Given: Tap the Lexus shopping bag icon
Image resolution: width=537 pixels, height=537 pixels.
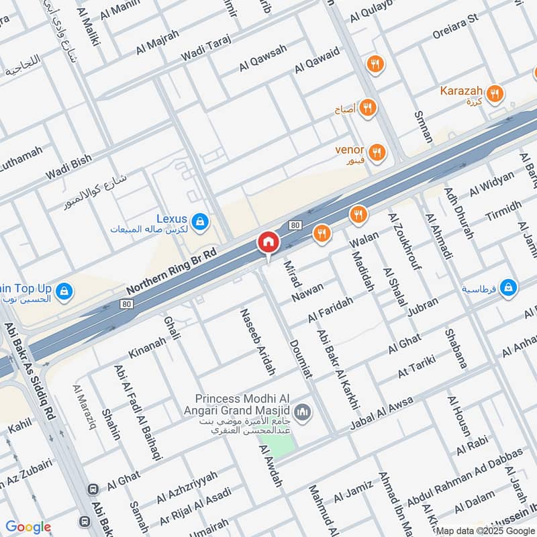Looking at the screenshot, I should click(x=199, y=220).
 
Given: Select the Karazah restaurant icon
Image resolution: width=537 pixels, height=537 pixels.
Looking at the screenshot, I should click(x=495, y=93).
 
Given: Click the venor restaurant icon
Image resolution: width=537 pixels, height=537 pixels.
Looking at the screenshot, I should click(x=376, y=152).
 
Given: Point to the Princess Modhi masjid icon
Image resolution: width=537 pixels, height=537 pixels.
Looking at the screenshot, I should click(x=302, y=410).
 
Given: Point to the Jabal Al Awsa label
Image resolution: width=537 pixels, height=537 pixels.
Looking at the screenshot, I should click(x=381, y=413).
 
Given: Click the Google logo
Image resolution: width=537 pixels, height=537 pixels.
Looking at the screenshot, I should click(x=28, y=527).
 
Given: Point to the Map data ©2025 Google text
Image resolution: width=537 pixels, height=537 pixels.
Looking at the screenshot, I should click(x=485, y=530).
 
